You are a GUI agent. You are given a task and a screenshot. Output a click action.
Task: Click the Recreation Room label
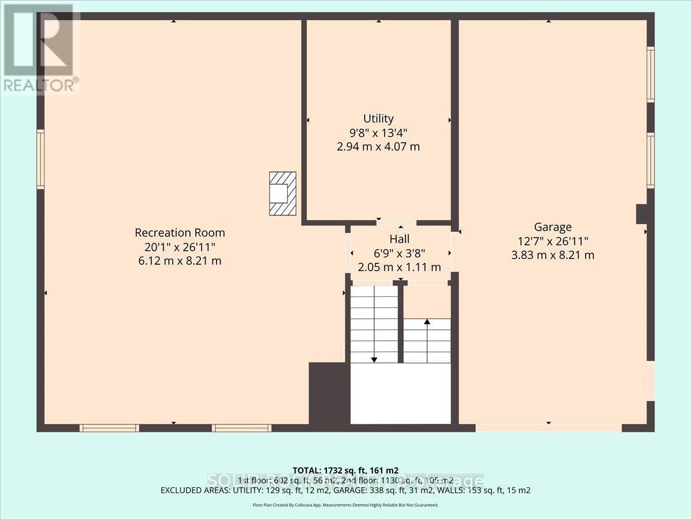[180, 233]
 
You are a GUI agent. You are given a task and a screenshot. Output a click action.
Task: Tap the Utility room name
[378, 119]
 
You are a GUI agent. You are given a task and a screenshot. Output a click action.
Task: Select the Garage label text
[552, 227]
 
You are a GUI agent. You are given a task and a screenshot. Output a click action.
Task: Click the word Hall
[400, 239]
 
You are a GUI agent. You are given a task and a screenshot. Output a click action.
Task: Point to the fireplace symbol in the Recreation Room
[282, 194]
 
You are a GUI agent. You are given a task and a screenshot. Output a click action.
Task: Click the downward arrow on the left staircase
[374, 359]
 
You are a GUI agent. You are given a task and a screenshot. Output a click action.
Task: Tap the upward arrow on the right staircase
[427, 321]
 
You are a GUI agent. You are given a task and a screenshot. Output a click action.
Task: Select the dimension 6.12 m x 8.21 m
[180, 261]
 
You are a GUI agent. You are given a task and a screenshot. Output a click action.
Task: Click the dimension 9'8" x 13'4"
[378, 133]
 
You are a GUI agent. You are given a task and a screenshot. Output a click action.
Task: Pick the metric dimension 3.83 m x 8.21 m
[552, 255]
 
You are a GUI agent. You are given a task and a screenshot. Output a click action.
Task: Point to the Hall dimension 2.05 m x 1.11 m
[400, 267]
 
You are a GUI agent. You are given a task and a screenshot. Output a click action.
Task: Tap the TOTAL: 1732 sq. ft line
[345, 470]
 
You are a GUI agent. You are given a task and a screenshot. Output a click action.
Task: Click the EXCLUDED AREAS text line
[345, 491]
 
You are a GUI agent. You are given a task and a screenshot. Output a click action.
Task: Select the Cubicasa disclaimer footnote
[345, 505]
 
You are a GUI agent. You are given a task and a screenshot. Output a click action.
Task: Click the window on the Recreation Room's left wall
[40, 159]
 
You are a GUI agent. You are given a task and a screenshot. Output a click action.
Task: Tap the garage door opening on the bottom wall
[548, 428]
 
